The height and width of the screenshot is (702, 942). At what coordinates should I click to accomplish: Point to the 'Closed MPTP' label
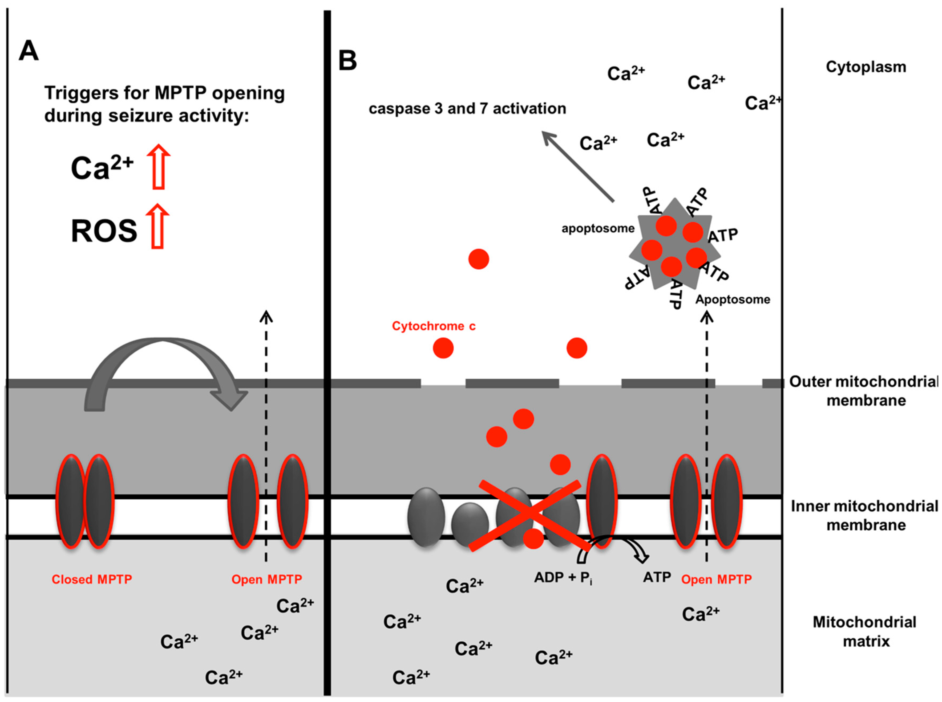tap(92, 579)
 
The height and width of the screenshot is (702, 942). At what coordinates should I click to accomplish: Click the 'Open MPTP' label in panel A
tap(267, 579)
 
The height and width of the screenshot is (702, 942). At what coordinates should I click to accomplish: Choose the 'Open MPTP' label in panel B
tap(717, 579)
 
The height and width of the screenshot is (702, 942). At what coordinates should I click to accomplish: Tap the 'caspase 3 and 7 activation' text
tap(467, 109)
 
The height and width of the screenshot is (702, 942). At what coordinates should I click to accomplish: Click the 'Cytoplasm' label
tap(866, 67)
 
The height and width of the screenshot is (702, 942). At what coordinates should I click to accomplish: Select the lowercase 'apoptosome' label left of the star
tap(598, 229)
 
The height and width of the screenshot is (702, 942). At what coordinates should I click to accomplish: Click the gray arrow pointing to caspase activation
tap(577, 166)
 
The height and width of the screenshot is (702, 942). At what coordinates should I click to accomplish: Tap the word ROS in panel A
tap(104, 231)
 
